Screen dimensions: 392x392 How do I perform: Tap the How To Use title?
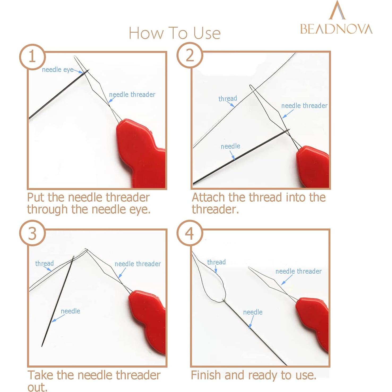tap(175, 33)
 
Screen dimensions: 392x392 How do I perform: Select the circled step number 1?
tap(32, 57)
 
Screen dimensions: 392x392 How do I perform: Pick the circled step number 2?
tap(190, 56)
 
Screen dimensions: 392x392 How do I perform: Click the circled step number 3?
tap(32, 233)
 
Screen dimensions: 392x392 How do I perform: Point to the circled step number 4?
tap(189, 233)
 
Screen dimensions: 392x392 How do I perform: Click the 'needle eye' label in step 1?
tap(58, 70)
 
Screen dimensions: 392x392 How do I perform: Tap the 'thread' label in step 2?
tap(228, 98)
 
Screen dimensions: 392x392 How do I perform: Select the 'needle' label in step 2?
tap(230, 146)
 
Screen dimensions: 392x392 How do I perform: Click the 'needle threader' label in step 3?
tap(138, 264)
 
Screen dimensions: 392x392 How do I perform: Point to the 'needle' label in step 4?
tap(253, 312)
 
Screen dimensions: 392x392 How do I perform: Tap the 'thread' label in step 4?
tap(216, 262)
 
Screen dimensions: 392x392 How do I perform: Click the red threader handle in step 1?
tap(141, 153)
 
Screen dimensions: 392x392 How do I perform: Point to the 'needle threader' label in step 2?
tap(304, 106)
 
